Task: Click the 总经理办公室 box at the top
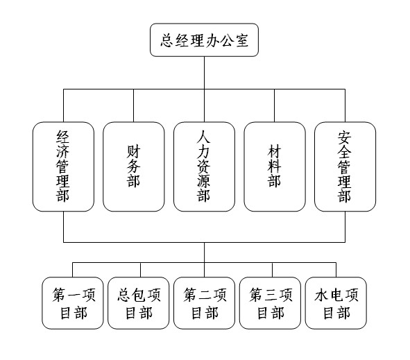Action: tap(204, 40)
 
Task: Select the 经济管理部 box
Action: tap(63, 166)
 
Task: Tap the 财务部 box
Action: tap(134, 166)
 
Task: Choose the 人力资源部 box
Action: tap(204, 166)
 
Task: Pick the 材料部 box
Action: tap(275, 166)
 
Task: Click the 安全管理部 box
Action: tap(345, 166)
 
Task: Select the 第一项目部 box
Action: tap(73, 303)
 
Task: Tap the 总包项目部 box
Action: tap(139, 303)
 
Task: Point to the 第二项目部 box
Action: tap(204, 303)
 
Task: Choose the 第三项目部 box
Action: tap(270, 303)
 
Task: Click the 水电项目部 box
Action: tap(336, 303)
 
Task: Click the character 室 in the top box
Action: tap(242, 40)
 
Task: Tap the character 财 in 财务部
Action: tap(134, 152)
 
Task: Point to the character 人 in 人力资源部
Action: tap(204, 137)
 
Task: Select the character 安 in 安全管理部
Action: tap(344, 137)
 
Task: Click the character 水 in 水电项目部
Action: tap(321, 295)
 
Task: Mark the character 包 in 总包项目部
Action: tap(139, 295)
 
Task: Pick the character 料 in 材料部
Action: tap(274, 166)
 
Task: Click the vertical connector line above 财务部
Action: tap(134, 105)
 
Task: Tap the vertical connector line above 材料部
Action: tap(275, 105)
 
